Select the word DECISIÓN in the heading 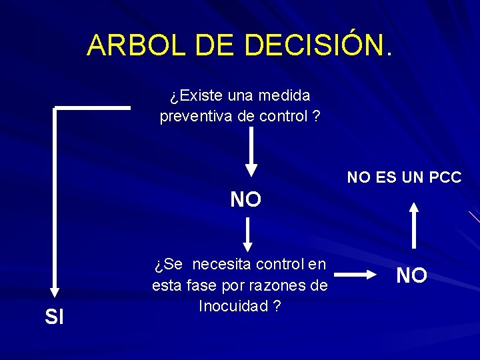314,45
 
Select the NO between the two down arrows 246,199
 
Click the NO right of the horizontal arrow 412,275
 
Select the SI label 54,317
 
